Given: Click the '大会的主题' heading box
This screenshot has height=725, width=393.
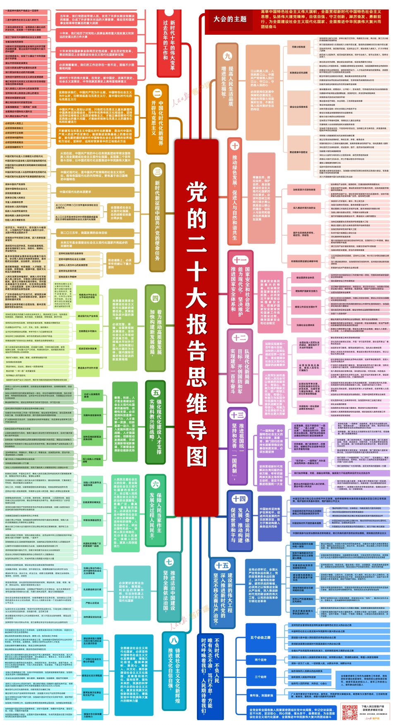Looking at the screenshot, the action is click(x=230, y=19).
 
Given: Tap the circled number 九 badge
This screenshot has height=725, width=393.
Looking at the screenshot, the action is click(x=227, y=56).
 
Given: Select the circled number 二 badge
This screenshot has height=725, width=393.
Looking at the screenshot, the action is click(x=157, y=93).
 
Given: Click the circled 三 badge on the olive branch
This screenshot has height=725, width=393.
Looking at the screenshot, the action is click(x=157, y=172).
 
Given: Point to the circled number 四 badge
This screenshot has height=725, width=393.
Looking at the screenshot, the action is click(x=155, y=298).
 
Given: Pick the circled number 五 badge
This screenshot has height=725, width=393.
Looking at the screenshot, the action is click(x=156, y=392).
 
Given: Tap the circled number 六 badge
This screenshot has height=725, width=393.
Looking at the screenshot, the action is click(x=156, y=484).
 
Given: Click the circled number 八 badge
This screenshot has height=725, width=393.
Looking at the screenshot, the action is click(x=174, y=640).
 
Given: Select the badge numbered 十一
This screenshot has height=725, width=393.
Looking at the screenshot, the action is click(x=240, y=260).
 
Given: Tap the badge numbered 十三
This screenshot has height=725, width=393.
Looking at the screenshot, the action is click(x=237, y=415).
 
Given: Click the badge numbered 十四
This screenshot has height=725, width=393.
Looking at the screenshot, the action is click(x=239, y=498).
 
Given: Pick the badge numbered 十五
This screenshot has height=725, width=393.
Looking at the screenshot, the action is click(x=222, y=565).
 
